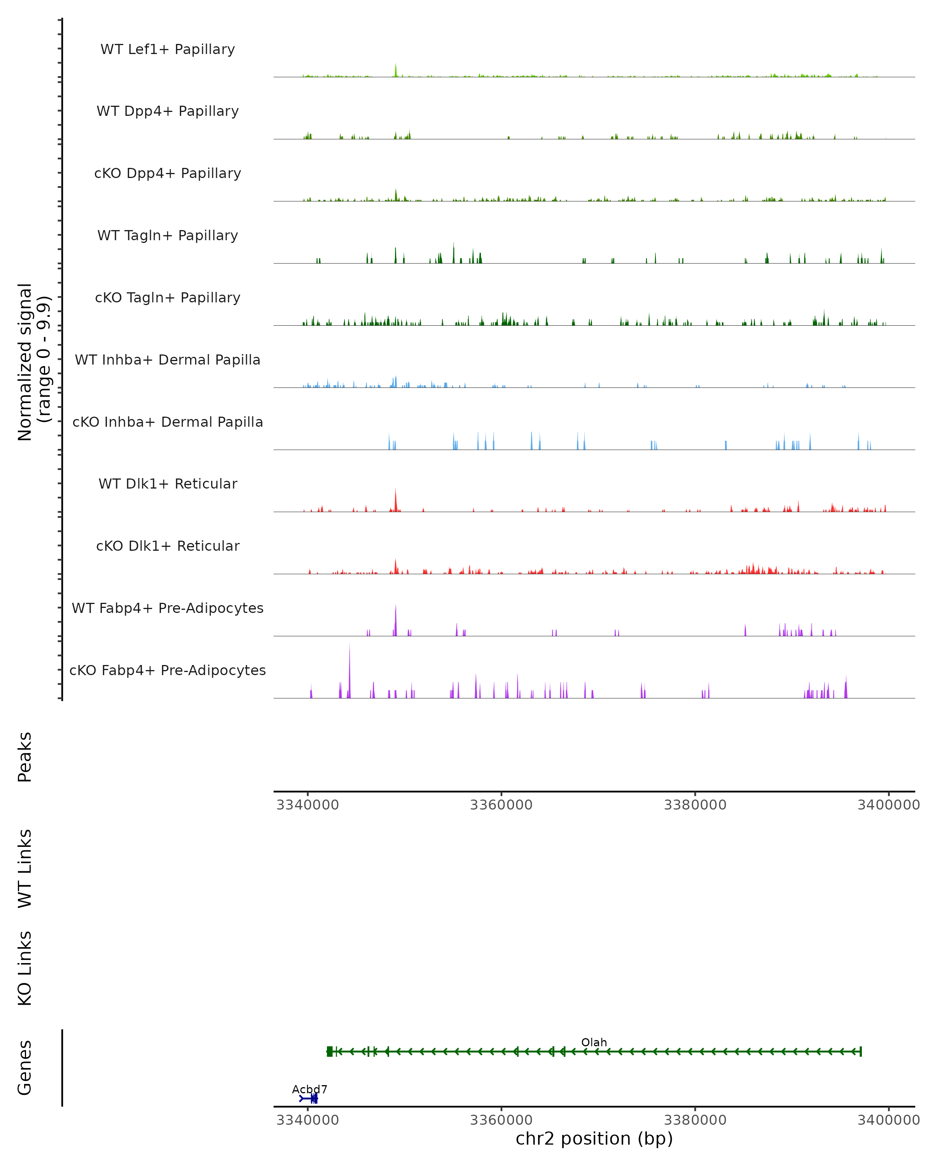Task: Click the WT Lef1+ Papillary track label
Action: (168, 49)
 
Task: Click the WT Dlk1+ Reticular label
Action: (168, 484)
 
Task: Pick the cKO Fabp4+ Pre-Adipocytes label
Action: (168, 670)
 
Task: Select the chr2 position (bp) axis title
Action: (594, 1139)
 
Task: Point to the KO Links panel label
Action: (25, 968)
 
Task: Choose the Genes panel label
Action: (25, 1068)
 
